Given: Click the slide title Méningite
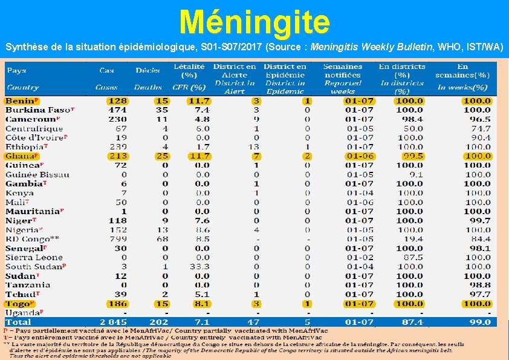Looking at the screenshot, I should (x=254, y=22).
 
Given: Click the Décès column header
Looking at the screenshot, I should (x=148, y=70).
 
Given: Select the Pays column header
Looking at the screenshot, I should (x=16, y=70).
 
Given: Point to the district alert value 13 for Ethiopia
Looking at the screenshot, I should (x=254, y=147).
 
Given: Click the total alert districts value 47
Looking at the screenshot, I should (x=254, y=322).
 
